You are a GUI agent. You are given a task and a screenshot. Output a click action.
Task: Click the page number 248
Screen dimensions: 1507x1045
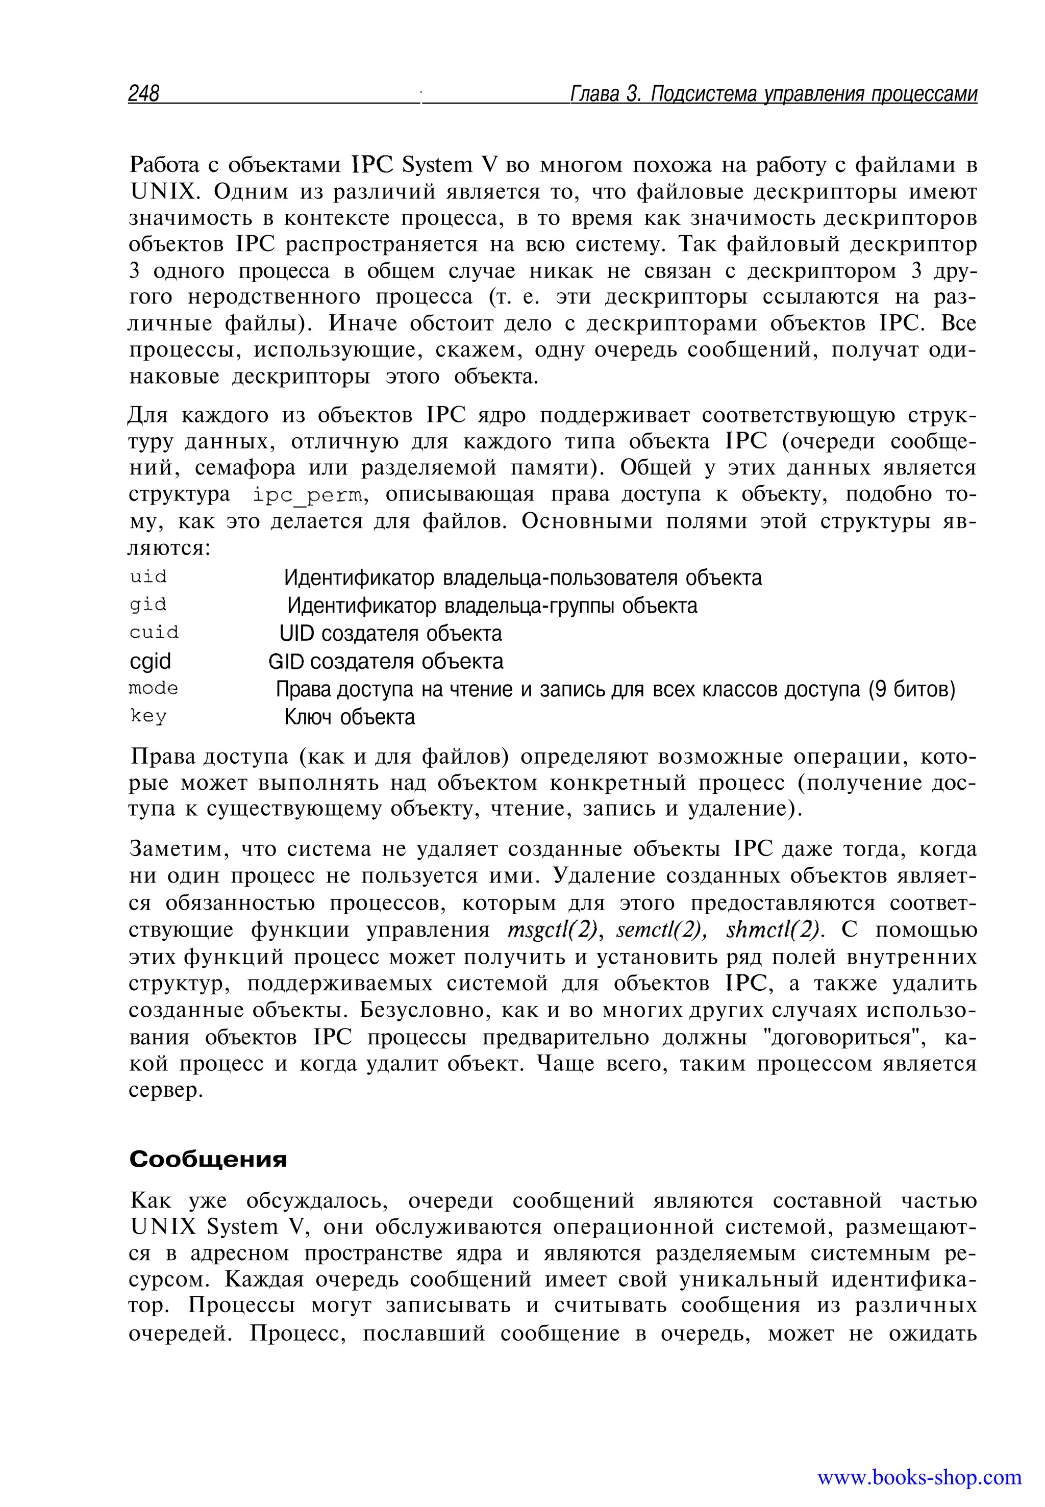click(143, 94)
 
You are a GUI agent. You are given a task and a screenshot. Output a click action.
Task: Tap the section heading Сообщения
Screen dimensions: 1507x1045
click(208, 1159)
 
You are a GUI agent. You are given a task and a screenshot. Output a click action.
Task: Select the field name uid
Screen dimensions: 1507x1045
click(148, 577)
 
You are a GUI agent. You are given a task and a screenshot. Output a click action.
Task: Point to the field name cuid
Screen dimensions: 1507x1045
click(154, 633)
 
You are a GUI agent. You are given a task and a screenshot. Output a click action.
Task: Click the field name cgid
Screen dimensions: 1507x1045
click(150, 661)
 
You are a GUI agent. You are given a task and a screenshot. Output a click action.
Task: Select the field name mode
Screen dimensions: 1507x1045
click(153, 689)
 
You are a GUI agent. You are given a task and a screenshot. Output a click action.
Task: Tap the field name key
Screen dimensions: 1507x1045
click(148, 716)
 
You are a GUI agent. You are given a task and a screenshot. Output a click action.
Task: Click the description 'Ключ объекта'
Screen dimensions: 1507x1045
click(349, 717)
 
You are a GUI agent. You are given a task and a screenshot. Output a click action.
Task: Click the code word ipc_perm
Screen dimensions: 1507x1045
click(307, 495)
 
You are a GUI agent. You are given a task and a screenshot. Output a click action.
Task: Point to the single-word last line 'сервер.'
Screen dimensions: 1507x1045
click(166, 1091)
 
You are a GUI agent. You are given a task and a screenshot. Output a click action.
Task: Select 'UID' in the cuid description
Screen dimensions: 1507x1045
click(296, 634)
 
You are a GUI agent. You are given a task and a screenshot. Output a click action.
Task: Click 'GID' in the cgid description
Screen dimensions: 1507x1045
click(286, 662)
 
